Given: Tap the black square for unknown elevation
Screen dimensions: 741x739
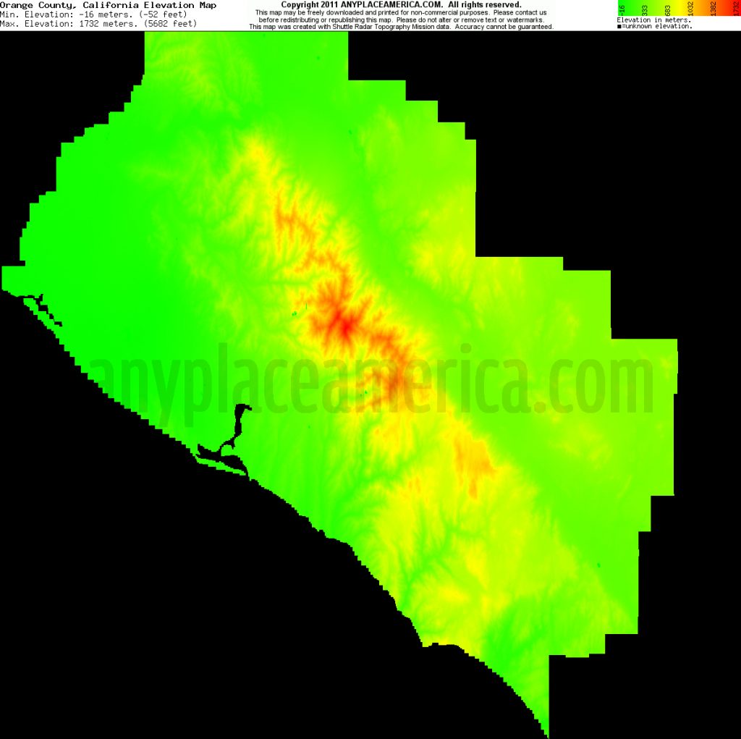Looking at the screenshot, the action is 619,27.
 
